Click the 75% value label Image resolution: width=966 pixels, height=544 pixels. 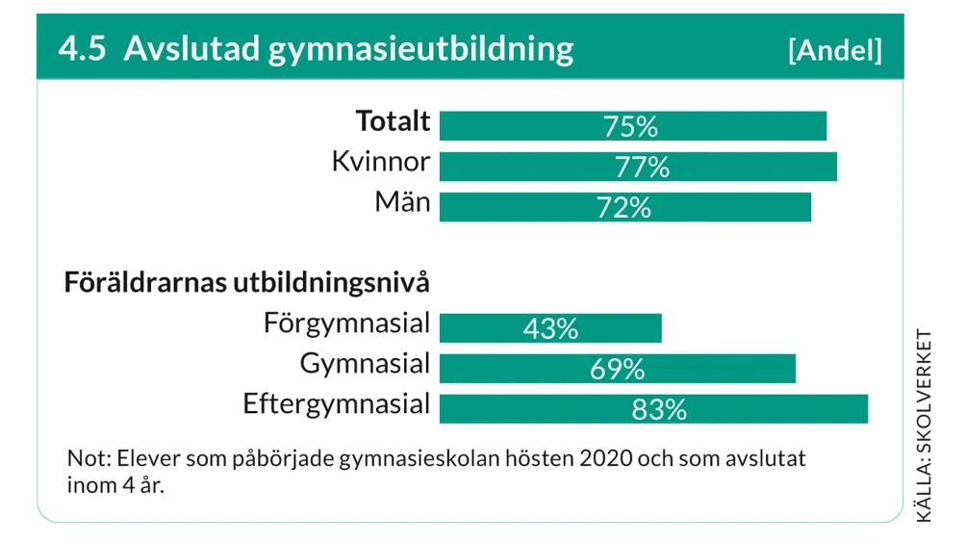(630, 126)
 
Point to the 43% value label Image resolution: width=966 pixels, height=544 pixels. (550, 328)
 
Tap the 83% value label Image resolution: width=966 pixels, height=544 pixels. (659, 409)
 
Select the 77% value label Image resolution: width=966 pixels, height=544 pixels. (642, 167)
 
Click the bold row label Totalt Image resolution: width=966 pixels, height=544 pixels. (393, 122)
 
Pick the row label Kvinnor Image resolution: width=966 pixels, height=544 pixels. (381, 162)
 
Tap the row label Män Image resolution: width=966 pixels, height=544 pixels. (402, 202)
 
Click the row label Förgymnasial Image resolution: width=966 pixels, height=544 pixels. (346, 324)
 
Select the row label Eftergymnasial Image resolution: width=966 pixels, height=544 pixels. (336, 404)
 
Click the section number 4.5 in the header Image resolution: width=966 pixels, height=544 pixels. (82, 49)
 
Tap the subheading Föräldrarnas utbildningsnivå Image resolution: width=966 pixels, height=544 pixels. (246, 284)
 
